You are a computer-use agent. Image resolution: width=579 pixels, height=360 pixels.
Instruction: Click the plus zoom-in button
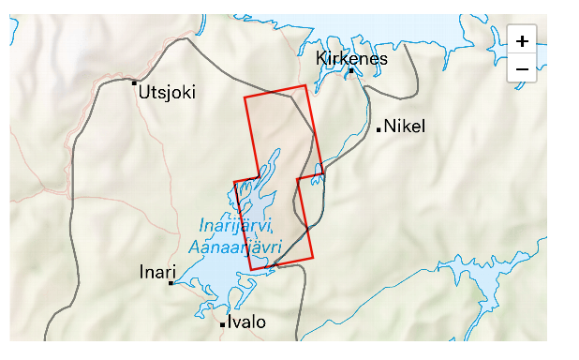522,41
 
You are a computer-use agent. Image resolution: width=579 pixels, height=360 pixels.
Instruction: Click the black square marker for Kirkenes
351,70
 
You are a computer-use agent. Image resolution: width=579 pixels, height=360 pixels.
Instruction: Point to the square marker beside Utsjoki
134,82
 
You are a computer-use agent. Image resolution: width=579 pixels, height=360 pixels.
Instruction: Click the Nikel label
405,127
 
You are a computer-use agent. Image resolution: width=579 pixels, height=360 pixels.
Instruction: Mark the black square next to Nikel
379,129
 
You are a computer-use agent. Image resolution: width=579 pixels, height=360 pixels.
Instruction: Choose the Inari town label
156,272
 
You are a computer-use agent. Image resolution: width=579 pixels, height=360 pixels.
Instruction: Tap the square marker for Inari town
171,282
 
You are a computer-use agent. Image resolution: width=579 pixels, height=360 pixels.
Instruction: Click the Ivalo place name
246,322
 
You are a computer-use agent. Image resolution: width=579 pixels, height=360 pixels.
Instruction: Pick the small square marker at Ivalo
222,324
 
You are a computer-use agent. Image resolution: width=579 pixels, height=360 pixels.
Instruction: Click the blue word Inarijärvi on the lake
235,226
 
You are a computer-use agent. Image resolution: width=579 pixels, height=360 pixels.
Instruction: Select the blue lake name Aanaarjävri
234,247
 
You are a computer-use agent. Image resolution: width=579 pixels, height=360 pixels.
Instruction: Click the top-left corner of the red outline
245,97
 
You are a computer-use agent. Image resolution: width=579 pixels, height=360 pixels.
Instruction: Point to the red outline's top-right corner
305,85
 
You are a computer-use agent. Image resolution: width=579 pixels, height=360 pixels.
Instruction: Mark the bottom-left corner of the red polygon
250,270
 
